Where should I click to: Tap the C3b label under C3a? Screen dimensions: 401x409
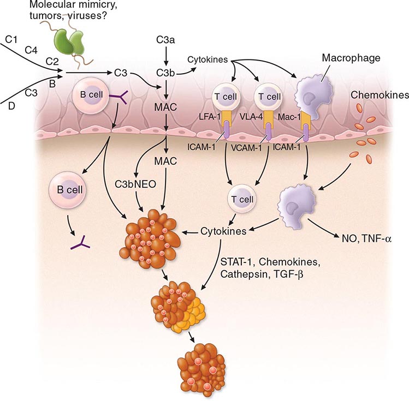tap(166, 72)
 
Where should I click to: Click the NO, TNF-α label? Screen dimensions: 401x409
tap(364, 237)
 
